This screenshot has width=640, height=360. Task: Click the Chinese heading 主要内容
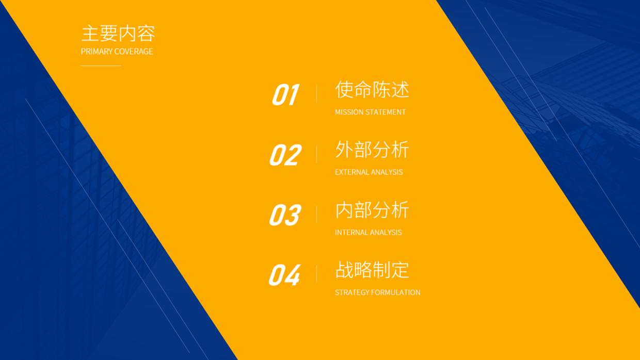click(x=118, y=34)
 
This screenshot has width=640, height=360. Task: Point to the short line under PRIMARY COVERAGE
click(x=101, y=66)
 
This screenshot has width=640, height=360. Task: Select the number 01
click(x=285, y=95)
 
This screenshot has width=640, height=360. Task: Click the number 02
click(x=285, y=155)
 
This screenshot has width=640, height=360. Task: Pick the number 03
click(x=285, y=215)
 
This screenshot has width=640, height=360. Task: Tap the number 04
click(x=284, y=275)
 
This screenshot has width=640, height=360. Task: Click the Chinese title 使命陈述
click(x=372, y=90)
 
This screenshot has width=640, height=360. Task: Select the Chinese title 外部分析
click(x=372, y=150)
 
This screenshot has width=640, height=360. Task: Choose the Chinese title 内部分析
click(x=372, y=210)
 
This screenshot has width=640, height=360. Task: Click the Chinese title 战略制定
click(x=372, y=270)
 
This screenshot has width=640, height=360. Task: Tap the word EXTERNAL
click(x=351, y=172)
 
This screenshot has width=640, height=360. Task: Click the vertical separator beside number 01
click(x=316, y=94)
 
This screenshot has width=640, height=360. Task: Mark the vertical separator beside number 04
click(x=316, y=274)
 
